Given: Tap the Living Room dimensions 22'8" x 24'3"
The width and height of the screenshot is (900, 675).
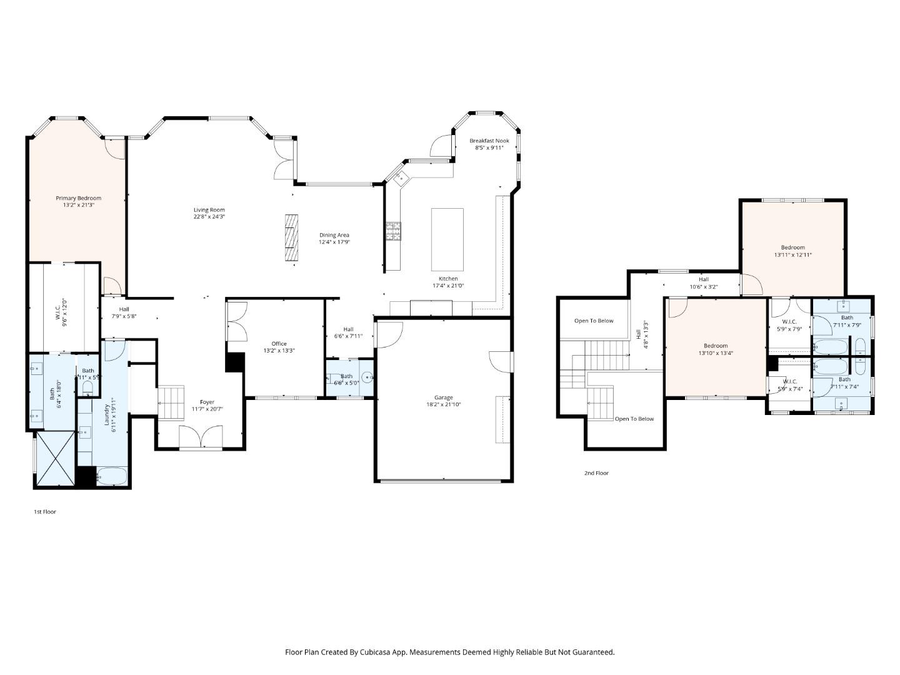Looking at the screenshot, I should pos(209,217).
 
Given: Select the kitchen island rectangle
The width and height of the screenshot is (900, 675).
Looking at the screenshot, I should pos(447,239).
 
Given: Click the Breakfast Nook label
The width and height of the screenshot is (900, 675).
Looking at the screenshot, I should pos(489,141).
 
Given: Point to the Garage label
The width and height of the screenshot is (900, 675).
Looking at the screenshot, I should pos(444,397).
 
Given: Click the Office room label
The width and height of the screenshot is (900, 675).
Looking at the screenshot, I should pos(279,344).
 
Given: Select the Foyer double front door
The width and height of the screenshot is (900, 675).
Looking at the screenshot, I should pos(201,437).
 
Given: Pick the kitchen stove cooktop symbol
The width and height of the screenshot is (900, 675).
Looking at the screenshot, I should pos(393,231).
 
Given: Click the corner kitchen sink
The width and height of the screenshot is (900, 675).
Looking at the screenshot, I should pos(401,177).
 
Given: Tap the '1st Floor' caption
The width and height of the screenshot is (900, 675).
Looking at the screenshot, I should pos(45,512).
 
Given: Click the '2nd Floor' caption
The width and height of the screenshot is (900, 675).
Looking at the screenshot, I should pos(596,473).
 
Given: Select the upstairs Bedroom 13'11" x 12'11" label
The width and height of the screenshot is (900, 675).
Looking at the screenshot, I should pos(792,247).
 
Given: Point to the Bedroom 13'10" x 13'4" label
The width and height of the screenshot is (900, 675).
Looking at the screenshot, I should pos(716,346).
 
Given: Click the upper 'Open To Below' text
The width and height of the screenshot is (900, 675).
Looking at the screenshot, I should pos(594,321).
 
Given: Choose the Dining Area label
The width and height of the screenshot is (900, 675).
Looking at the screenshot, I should pos(334,235).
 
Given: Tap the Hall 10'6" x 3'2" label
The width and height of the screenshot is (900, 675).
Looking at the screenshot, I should pos(703,279).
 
